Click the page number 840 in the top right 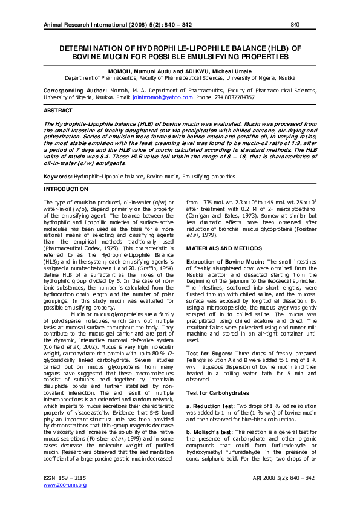point(295,25)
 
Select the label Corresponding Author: point(75,90)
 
